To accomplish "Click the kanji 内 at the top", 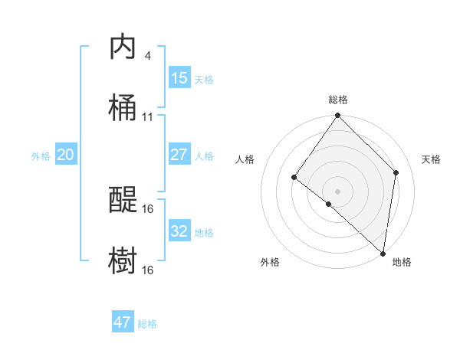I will point(123,47).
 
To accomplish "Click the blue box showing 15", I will point(179,78).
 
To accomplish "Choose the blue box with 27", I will point(179,155).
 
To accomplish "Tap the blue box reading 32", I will point(179,231).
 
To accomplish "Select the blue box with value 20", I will point(65,155).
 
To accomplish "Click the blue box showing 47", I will point(123,322).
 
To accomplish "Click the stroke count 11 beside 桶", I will point(147,116).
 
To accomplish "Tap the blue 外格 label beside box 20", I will point(41,155).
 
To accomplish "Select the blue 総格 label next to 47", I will point(147,323).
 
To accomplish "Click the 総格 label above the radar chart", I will point(338,100).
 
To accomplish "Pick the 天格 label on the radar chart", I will point(431,159).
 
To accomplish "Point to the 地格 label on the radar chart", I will point(402,262).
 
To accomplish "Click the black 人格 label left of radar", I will point(245,159).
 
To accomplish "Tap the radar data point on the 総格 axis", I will point(338,116).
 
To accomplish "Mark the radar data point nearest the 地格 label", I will point(383,253).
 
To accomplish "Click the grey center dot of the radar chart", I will point(338,191).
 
